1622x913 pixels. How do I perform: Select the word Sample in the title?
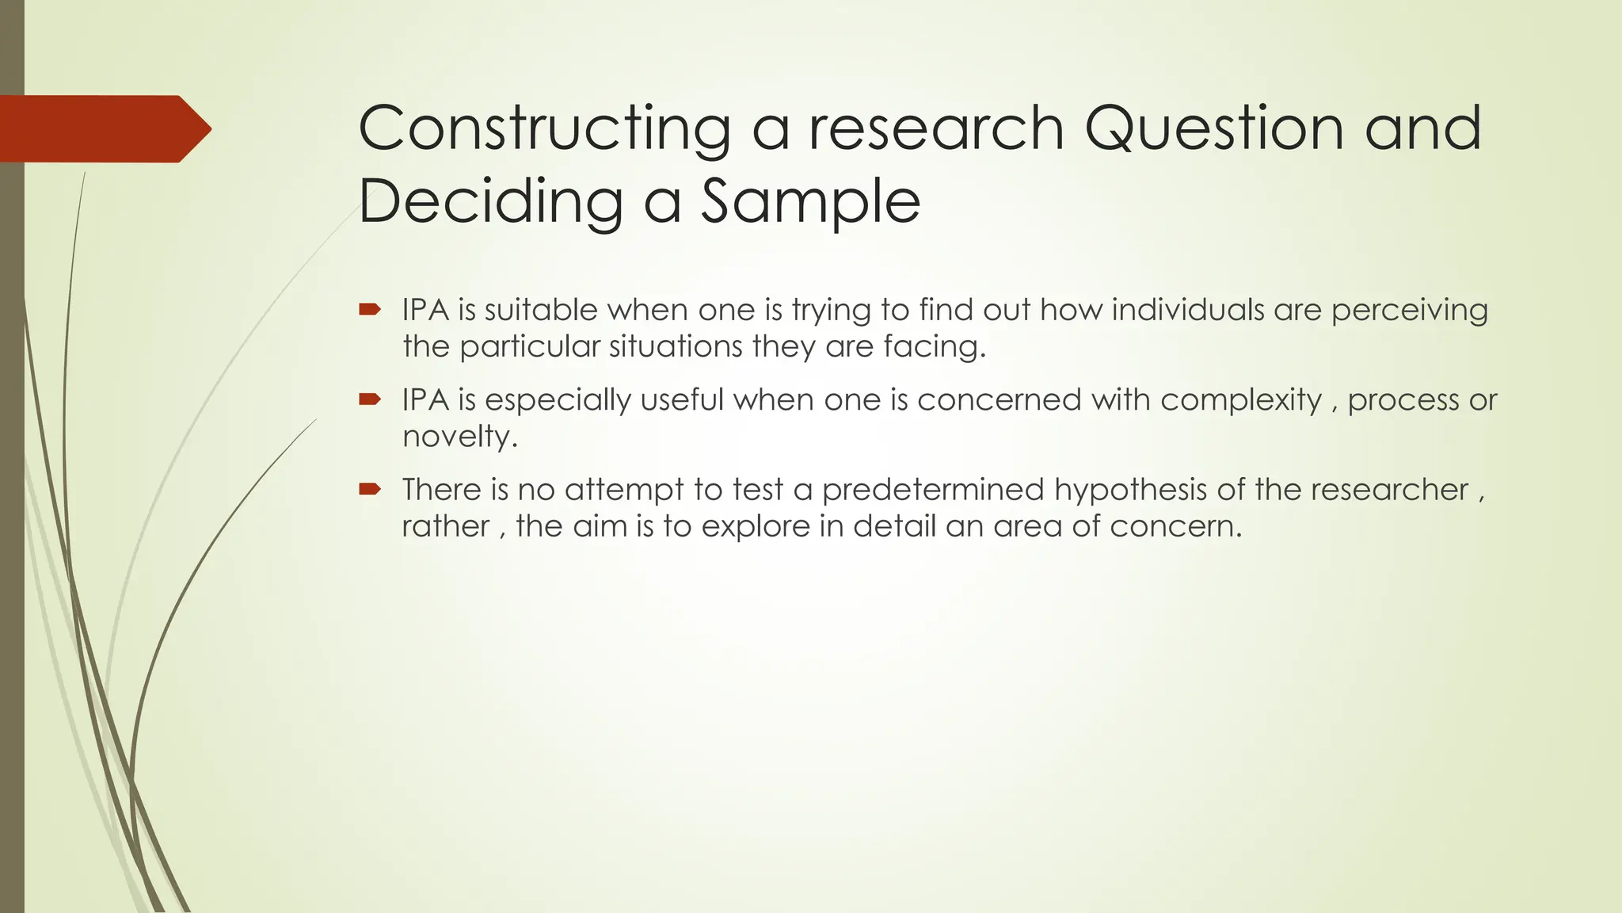(810, 201)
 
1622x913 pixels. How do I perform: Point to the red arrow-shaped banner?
(103, 129)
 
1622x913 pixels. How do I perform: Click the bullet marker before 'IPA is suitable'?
(370, 309)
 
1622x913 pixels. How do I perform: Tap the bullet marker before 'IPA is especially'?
(370, 399)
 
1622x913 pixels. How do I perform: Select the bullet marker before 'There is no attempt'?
(370, 489)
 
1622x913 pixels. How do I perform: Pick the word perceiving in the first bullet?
(1409, 311)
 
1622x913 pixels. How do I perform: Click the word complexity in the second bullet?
(1241, 400)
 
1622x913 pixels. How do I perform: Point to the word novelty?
(459, 437)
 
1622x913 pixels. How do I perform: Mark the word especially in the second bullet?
(558, 400)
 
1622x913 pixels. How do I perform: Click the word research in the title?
(936, 129)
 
